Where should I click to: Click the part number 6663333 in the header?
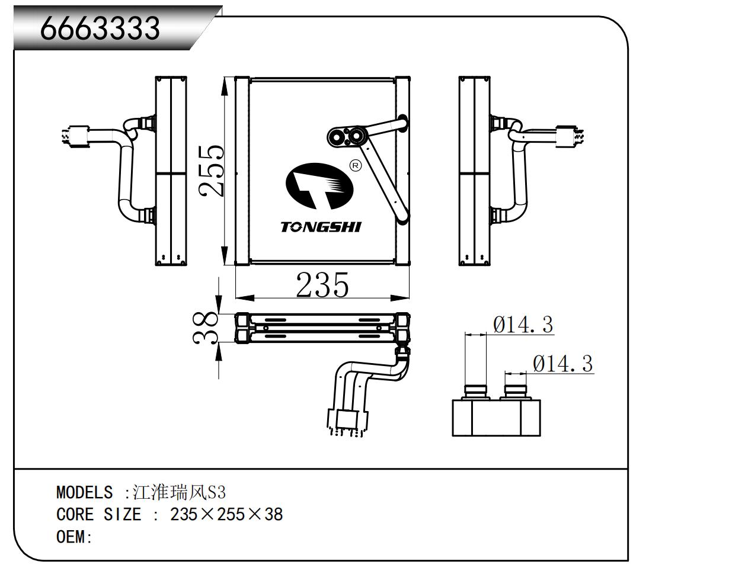(x=100, y=28)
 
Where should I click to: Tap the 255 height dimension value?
(x=212, y=171)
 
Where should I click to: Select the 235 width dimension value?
(x=322, y=284)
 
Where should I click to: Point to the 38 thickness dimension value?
(x=206, y=328)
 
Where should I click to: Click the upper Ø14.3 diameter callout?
(x=523, y=324)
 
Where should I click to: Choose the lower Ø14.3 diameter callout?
(x=563, y=364)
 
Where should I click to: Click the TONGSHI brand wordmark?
(x=321, y=227)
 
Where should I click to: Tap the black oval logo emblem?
(x=319, y=186)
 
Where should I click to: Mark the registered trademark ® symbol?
(x=355, y=166)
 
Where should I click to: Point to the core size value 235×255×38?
(x=226, y=515)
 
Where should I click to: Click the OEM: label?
(x=75, y=537)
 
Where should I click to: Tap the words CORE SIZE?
(x=99, y=515)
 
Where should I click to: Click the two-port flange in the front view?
(x=347, y=137)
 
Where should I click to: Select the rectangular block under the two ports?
(x=497, y=418)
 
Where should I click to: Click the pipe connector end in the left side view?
(x=76, y=137)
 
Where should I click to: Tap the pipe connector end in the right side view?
(x=568, y=137)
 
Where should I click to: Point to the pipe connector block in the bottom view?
(x=347, y=422)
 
